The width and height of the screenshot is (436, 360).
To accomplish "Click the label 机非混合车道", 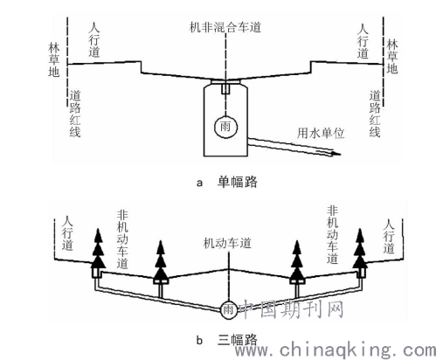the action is pos(225,27).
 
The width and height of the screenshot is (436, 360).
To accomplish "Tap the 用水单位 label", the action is pos(321,133).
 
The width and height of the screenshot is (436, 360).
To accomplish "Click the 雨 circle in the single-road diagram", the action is pos(225,127).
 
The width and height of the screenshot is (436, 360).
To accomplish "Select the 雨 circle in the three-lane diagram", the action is pos(228,309).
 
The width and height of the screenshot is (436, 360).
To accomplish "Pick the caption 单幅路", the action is pos(238,183).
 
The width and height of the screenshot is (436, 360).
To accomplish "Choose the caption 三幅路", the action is pos(238,340).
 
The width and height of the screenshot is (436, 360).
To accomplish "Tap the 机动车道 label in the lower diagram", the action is pos(227,243).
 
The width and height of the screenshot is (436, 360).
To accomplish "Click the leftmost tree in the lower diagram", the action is pos(98,248).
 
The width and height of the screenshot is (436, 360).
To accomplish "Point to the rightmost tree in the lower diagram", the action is pos(360,248).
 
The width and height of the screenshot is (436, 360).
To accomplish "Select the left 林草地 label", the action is pos(54,59).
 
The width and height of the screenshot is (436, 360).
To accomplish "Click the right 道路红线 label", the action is pos(375,114).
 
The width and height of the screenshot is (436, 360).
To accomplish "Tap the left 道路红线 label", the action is pos(75,114).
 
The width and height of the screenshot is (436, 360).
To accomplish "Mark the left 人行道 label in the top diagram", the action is pos(94,39).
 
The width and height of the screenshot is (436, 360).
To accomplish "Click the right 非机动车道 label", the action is pos(332,235).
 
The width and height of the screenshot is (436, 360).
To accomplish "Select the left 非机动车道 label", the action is pos(122,239).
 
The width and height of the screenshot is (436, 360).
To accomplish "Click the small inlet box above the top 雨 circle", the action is pos(225,88).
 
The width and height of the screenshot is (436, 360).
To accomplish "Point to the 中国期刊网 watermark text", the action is pos(292,309).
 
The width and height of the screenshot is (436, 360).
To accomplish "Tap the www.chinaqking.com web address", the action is pos(336,350).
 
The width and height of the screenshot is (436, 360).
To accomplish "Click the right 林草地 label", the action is pos(392,57).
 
